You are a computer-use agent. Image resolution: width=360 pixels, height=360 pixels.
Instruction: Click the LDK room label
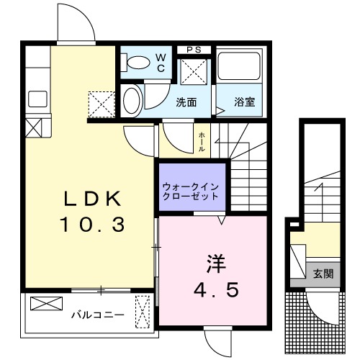click(90, 199)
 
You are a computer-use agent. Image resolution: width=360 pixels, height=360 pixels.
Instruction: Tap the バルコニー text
click(97, 315)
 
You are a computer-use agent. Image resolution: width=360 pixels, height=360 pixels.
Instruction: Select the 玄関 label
click(322, 274)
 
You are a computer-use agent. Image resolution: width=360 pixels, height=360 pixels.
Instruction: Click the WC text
click(161, 62)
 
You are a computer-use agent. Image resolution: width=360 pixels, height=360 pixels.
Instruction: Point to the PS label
click(193, 49)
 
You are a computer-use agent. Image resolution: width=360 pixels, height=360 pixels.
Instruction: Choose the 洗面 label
click(186, 102)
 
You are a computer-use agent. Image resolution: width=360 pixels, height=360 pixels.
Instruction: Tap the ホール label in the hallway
click(202, 141)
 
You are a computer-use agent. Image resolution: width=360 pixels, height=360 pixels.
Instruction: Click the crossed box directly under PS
click(193, 72)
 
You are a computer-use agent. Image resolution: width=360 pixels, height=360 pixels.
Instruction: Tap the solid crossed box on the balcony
click(41, 304)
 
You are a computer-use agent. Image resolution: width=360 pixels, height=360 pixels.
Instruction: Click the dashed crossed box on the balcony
click(142, 312)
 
